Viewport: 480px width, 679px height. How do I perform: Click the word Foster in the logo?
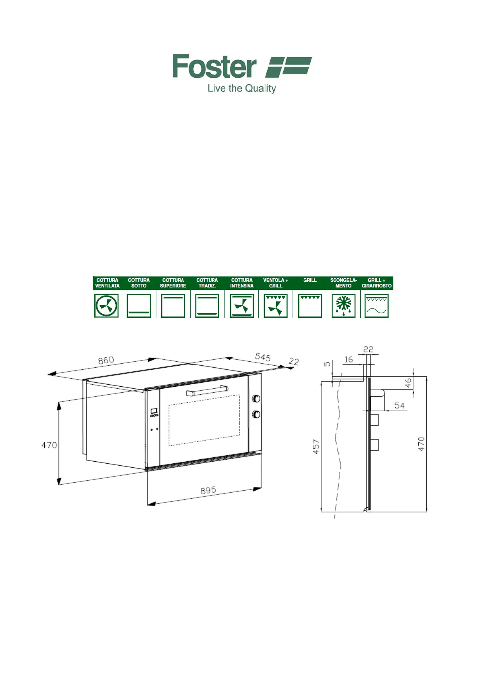pyautogui.click(x=214, y=66)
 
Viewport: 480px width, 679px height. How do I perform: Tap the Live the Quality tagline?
pyautogui.click(x=241, y=89)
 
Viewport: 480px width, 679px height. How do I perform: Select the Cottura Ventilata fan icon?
pyautogui.click(x=106, y=306)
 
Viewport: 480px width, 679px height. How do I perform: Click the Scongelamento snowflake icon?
pyautogui.click(x=343, y=306)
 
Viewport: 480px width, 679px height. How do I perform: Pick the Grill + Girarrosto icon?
pyautogui.click(x=376, y=306)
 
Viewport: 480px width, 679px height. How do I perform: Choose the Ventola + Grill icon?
pyautogui.click(x=275, y=306)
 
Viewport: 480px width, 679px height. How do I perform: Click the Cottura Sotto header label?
pyautogui.click(x=139, y=283)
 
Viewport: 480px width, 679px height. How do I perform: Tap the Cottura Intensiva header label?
pyautogui.click(x=241, y=283)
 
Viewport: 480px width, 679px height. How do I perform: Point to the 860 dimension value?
pyautogui.click(x=106, y=360)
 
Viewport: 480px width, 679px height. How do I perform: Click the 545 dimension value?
pyautogui.click(x=263, y=357)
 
